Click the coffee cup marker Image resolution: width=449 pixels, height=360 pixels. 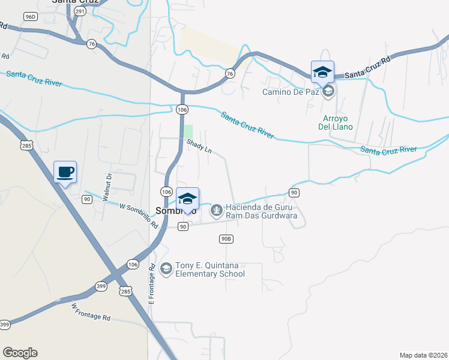(x=65, y=172)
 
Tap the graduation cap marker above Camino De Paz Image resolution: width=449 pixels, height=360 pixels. (x=322, y=73)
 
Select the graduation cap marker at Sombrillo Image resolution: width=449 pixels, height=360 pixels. (x=188, y=199)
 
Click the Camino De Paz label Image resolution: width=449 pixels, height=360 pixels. (x=291, y=92)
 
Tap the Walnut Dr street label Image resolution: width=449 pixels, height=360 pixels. (x=109, y=187)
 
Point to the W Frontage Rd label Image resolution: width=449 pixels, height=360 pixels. (x=91, y=311)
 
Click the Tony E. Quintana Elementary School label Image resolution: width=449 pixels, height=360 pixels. (x=209, y=270)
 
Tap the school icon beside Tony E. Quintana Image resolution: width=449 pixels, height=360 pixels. (x=166, y=266)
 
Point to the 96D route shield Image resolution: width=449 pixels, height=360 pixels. (x=31, y=16)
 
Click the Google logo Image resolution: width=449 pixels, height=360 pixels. (x=20, y=353)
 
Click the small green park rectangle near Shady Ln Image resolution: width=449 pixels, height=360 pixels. (x=188, y=131)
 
